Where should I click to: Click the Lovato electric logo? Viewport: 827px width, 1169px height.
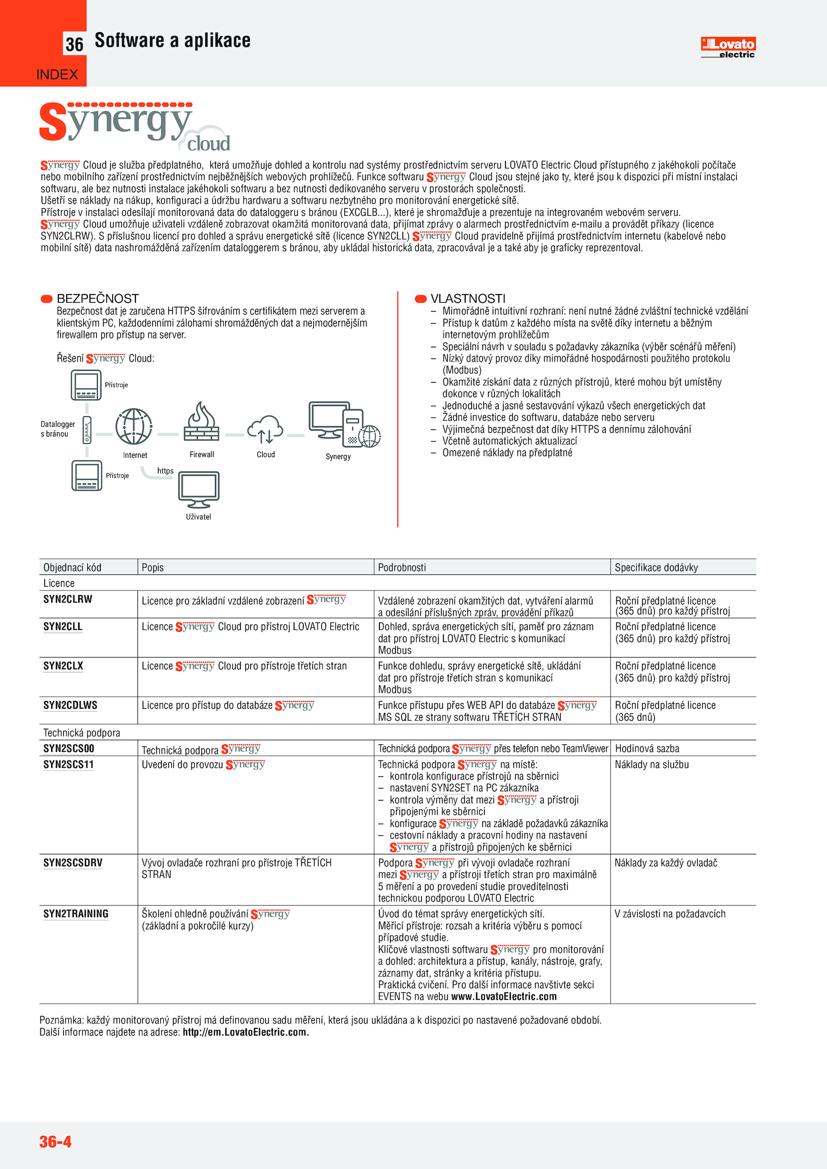(728, 47)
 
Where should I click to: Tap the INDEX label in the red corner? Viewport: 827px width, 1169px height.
(57, 75)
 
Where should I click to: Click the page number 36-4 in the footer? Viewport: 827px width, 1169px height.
(55, 1141)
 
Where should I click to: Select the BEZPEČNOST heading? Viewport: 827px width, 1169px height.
(98, 299)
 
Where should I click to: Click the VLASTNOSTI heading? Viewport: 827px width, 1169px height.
(468, 299)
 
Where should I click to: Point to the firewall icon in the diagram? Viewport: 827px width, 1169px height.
(202, 422)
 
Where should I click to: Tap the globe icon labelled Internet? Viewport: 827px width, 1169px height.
(134, 427)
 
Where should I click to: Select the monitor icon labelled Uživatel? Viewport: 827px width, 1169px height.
(199, 489)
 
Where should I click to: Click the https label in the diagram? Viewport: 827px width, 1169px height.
(165, 471)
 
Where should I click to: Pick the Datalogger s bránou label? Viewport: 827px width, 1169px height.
(57, 429)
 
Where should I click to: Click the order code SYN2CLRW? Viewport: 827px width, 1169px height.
(68, 599)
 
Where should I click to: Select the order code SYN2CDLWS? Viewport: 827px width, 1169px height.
(70, 705)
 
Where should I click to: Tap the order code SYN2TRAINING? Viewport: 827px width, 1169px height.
(76, 914)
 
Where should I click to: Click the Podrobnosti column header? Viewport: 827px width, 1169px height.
(402, 567)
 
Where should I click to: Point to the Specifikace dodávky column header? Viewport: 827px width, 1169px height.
(656, 567)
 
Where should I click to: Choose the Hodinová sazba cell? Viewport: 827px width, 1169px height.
(647, 749)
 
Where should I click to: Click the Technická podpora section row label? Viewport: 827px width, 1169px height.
(82, 732)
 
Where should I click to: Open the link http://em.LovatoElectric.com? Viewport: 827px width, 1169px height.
(246, 1032)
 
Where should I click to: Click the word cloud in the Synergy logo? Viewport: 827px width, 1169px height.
(208, 144)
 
